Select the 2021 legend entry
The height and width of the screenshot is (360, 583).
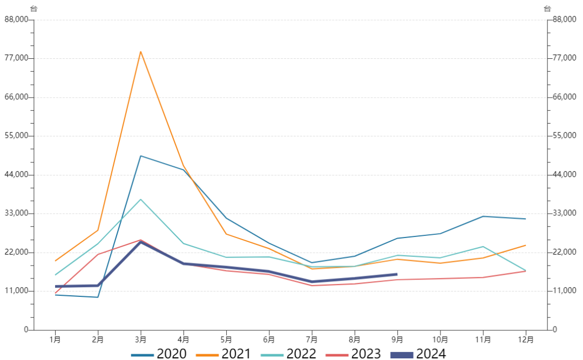click(x=224, y=354)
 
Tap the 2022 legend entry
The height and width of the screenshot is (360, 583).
click(x=289, y=354)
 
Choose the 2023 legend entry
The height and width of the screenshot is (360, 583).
click(x=354, y=354)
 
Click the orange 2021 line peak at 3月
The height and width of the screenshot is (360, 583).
click(x=140, y=52)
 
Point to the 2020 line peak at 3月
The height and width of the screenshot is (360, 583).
click(x=140, y=156)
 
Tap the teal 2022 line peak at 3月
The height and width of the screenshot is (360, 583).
click(x=140, y=200)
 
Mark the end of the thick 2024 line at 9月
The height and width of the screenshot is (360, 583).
click(x=397, y=274)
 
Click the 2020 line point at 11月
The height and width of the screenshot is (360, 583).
click(x=483, y=216)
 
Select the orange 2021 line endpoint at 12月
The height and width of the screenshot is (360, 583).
click(x=525, y=246)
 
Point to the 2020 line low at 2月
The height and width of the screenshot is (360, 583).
click(x=98, y=297)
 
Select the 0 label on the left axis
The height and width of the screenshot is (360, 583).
click(x=25, y=330)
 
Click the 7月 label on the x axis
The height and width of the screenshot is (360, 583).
click(x=311, y=339)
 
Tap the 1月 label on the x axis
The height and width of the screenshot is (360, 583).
click(x=55, y=339)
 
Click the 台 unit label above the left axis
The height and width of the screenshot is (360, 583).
click(x=33, y=9)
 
